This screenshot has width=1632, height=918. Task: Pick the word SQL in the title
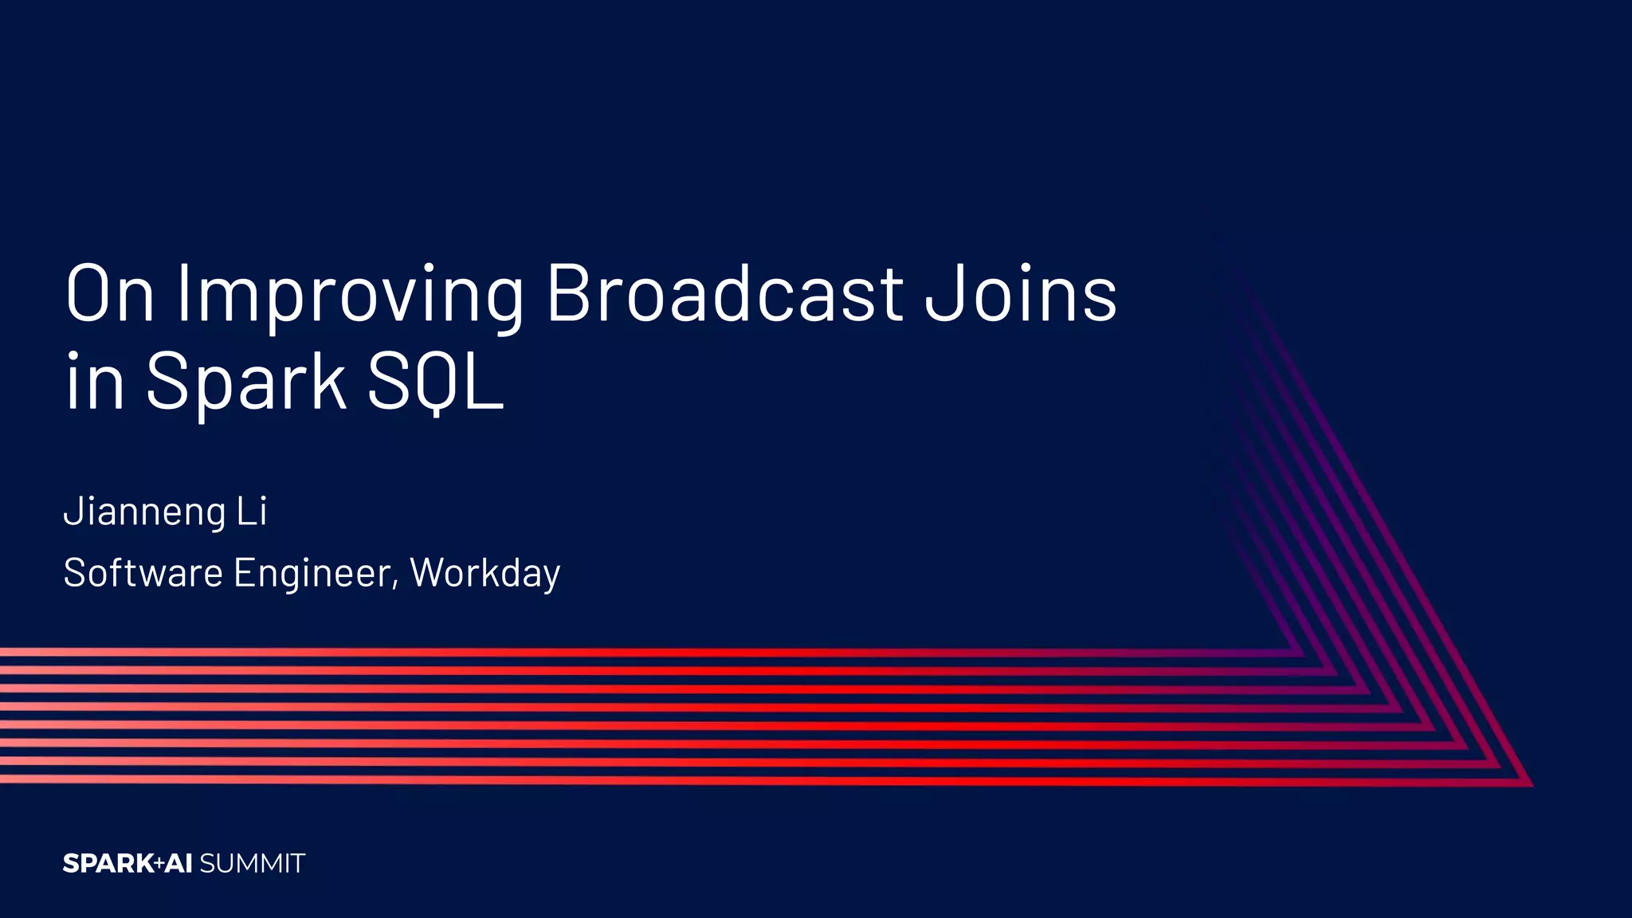click(435, 382)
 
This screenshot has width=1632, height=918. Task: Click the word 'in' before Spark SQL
click(95, 382)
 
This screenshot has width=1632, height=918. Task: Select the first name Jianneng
click(144, 512)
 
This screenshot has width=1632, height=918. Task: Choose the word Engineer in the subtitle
click(312, 573)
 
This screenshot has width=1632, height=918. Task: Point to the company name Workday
click(485, 574)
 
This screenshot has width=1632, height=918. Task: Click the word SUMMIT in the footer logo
click(253, 864)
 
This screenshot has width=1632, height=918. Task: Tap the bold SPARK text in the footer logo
click(108, 864)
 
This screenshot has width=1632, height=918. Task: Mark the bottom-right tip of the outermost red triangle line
click(1530, 785)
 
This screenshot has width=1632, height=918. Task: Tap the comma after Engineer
click(395, 586)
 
